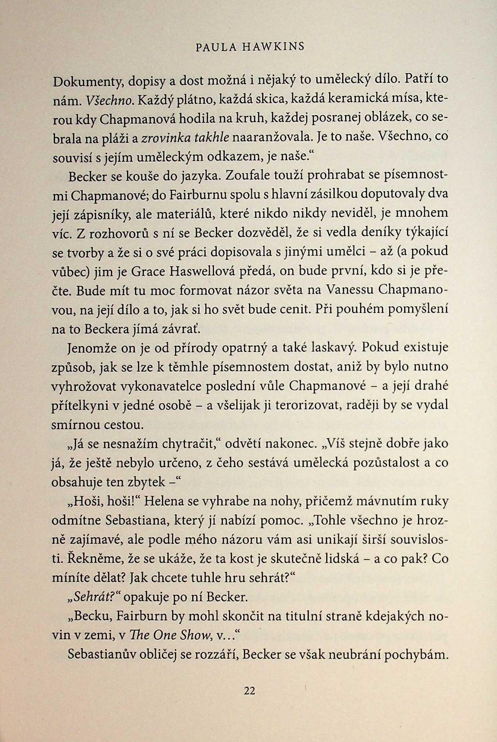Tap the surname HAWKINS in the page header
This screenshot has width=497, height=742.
[x=273, y=47]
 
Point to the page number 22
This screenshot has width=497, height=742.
[x=249, y=690]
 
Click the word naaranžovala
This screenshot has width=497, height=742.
[x=272, y=137]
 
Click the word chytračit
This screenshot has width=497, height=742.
[x=187, y=444]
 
